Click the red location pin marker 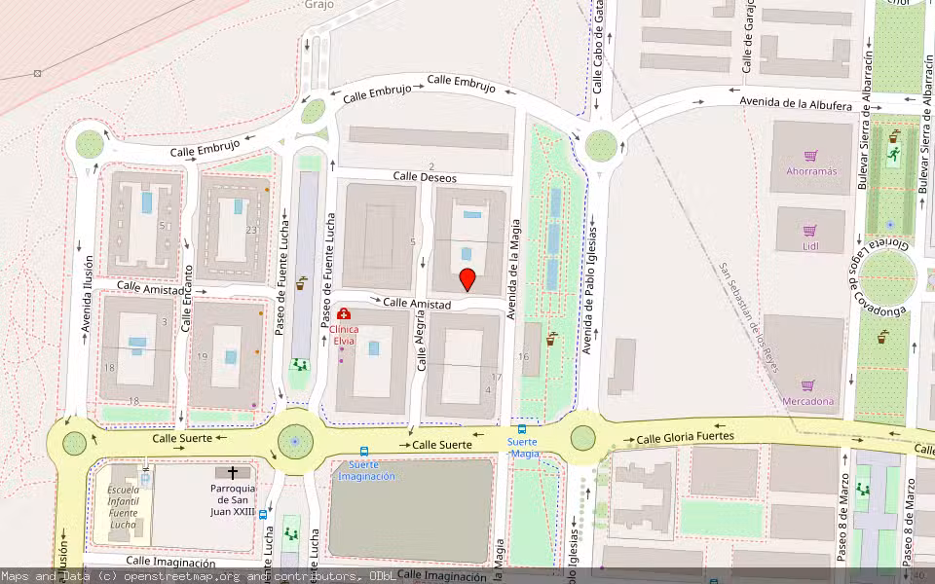coord(467,279)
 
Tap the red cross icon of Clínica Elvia coord(344,314)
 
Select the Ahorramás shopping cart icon coord(810,155)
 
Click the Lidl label coord(810,246)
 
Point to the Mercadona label coord(808,401)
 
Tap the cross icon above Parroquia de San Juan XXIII coord(233,472)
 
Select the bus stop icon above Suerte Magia coord(522,429)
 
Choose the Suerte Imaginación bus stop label coord(366,476)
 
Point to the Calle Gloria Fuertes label coord(685,438)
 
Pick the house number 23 coord(251,230)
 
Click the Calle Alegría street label coord(422,347)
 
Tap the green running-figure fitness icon coord(893,154)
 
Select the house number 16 coord(524,357)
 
